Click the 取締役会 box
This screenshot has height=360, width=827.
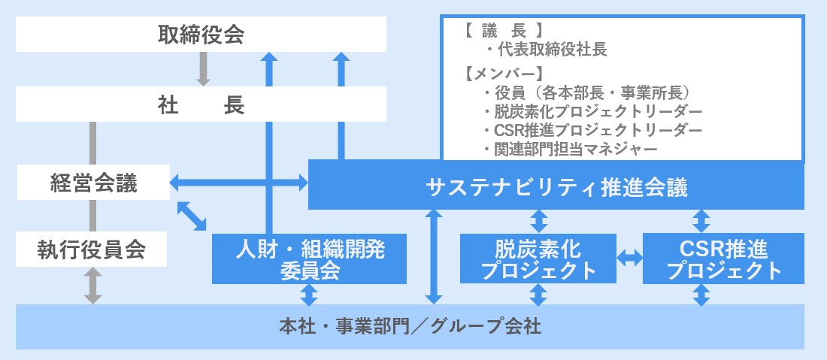click(x=201, y=35)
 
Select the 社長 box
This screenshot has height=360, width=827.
click(x=201, y=104)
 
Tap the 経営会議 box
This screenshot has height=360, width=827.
click(x=93, y=183)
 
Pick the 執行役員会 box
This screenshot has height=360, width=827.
click(x=92, y=250)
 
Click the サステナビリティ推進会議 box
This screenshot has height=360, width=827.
click(x=556, y=186)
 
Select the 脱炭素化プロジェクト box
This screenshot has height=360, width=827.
click(x=538, y=259)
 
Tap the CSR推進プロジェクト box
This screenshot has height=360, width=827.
click(x=723, y=259)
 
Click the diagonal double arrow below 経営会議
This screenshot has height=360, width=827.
click(x=192, y=215)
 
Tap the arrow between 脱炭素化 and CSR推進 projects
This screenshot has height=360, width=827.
click(x=629, y=259)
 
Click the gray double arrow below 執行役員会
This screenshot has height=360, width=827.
click(x=92, y=286)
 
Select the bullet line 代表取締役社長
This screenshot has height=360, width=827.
click(x=546, y=50)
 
